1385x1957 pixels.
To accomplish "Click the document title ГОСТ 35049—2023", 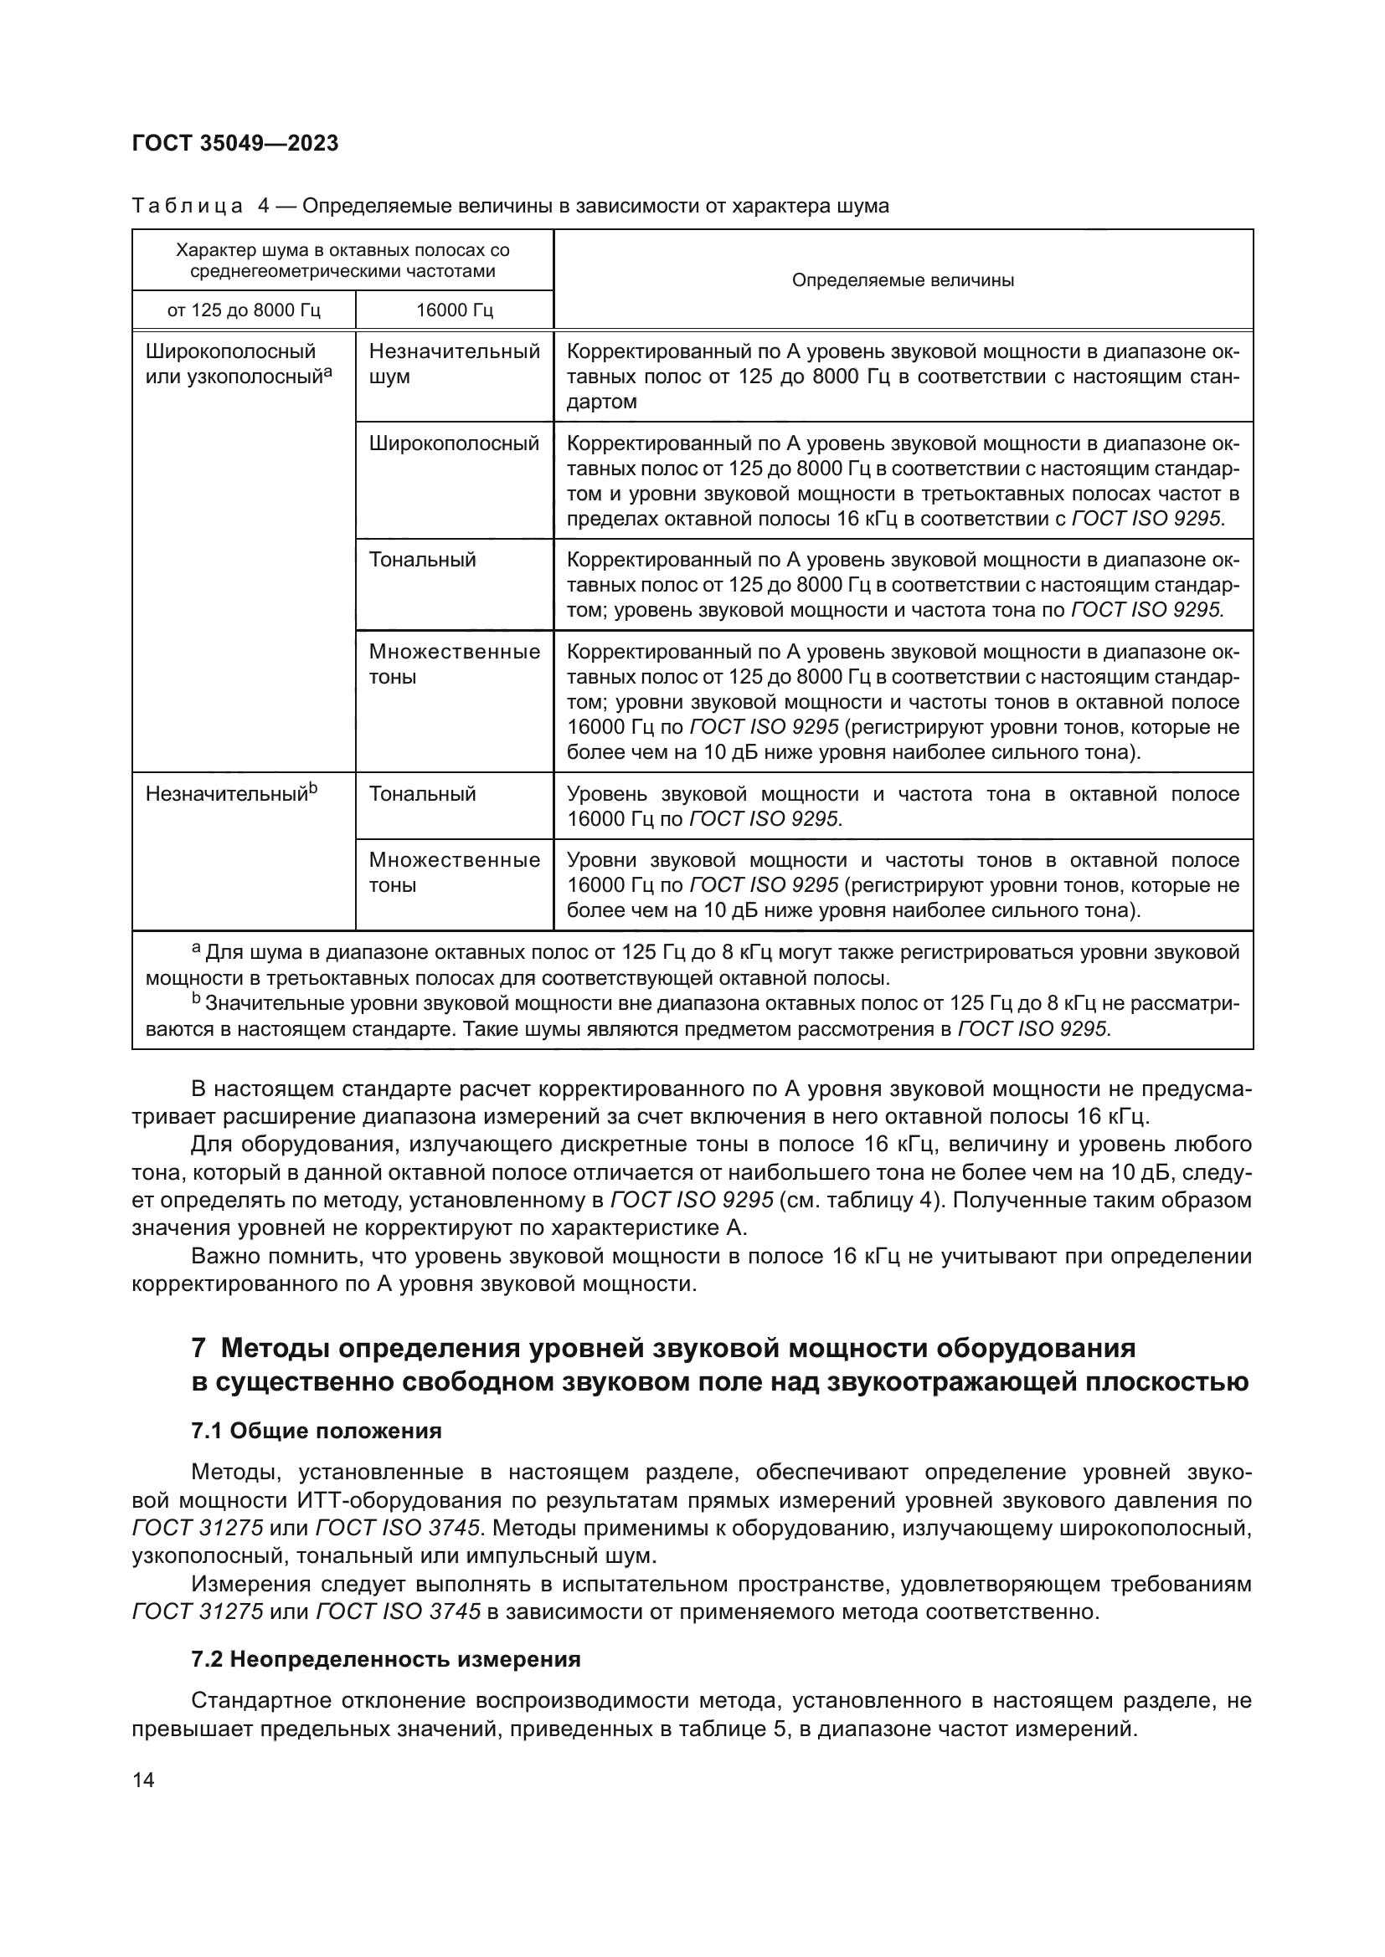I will [x=235, y=143].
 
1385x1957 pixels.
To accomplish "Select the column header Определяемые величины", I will [x=903, y=280].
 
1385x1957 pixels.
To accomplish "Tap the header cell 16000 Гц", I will [x=454, y=310].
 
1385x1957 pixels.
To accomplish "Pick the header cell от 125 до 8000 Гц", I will [x=244, y=310].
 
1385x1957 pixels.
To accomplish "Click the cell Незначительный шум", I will [x=454, y=364].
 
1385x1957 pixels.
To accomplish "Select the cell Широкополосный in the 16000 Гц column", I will [x=454, y=443].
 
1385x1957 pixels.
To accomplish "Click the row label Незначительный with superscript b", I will [x=230, y=793].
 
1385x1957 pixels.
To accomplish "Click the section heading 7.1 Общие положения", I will [x=317, y=1430].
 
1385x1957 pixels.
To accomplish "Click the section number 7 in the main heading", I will [x=198, y=1348].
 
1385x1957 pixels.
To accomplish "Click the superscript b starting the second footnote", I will [x=195, y=998].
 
